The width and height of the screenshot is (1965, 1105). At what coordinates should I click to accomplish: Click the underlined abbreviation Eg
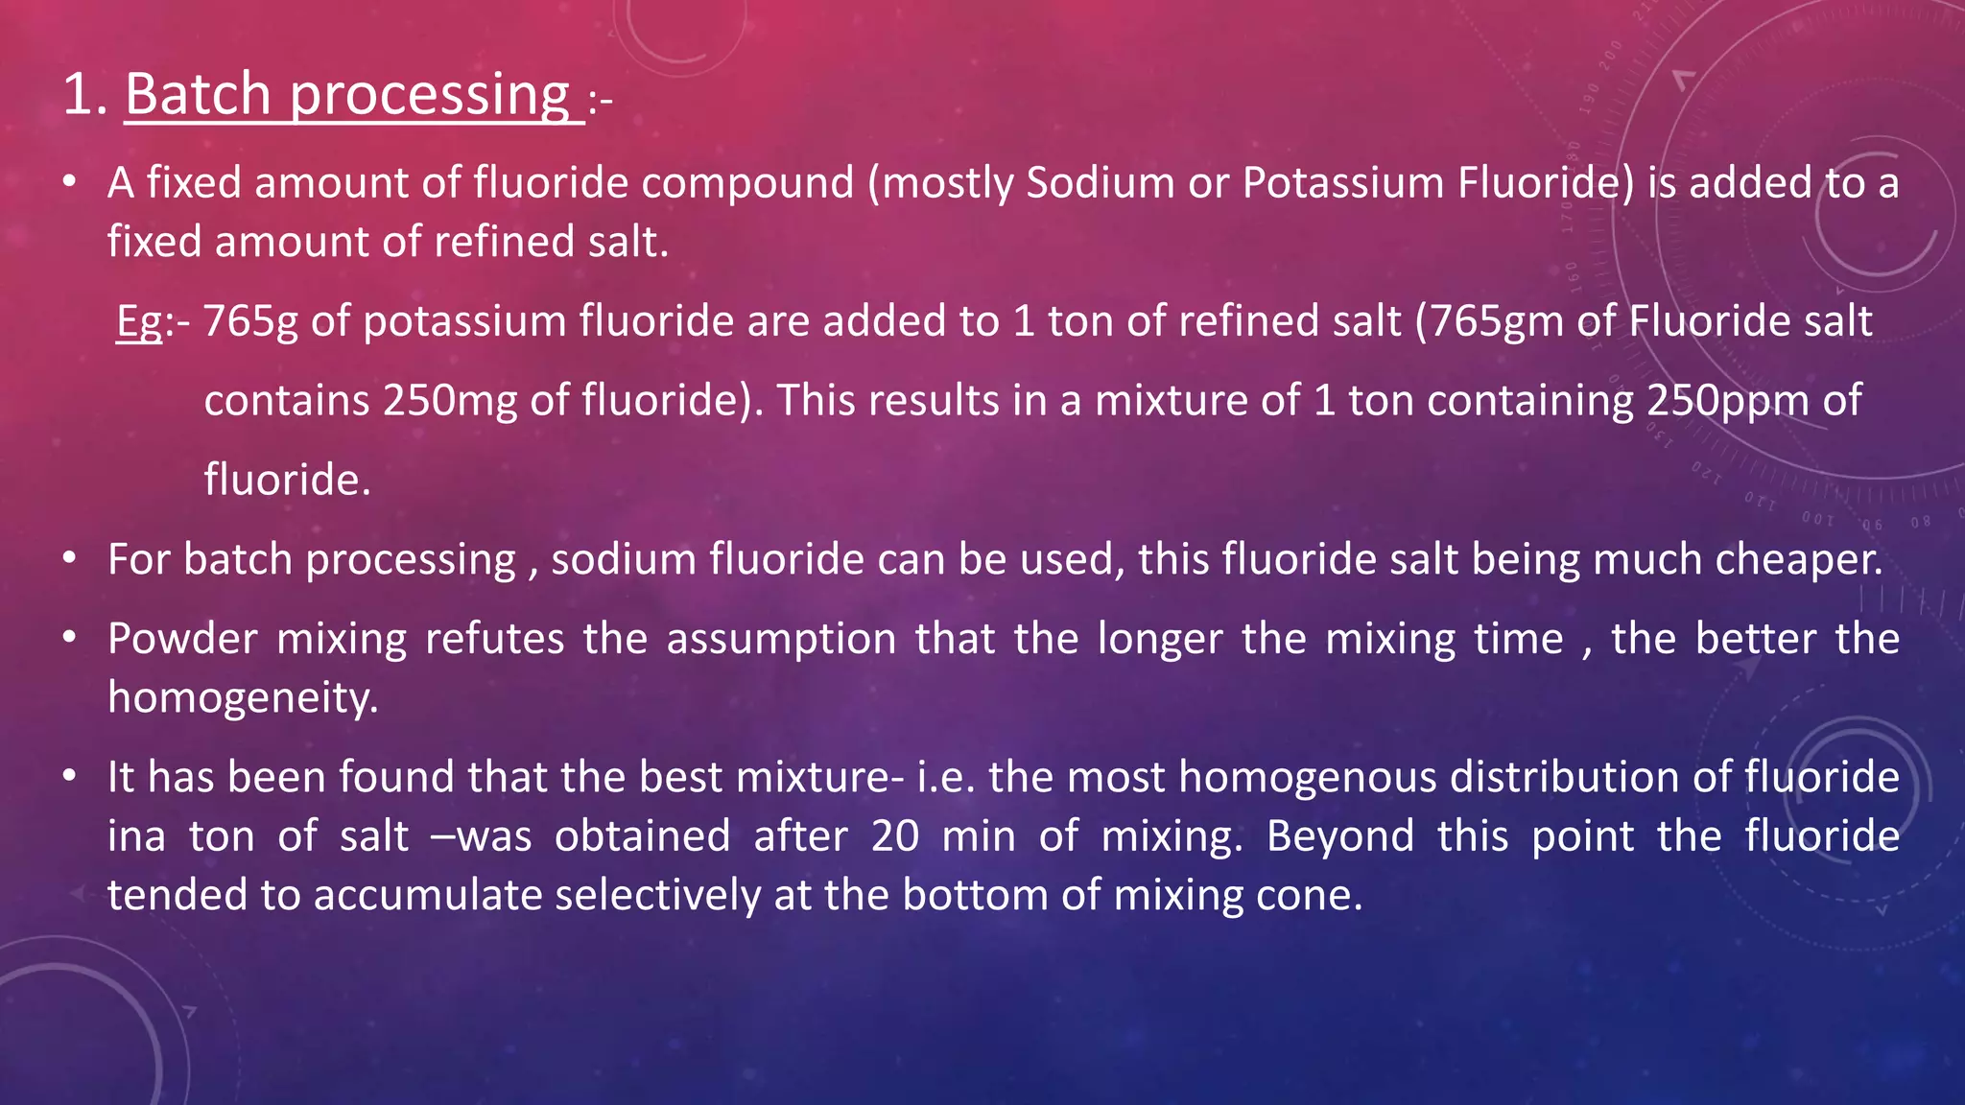pyautogui.click(x=139, y=322)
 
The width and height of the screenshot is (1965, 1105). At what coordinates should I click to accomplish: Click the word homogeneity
pyautogui.click(x=243, y=697)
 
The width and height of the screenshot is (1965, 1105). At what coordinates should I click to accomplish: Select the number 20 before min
pyautogui.click(x=894, y=836)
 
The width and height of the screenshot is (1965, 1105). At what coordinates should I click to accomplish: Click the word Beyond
pyautogui.click(x=1339, y=836)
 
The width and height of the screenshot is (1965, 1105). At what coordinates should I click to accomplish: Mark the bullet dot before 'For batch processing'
pyautogui.click(x=69, y=558)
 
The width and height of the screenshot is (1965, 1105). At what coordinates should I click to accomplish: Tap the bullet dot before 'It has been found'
pyautogui.click(x=69, y=776)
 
